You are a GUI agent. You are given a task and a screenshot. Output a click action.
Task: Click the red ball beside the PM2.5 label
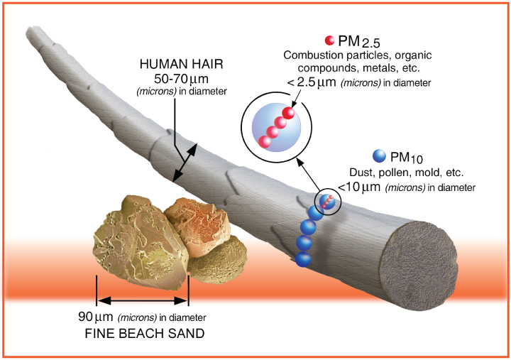coord(329,40)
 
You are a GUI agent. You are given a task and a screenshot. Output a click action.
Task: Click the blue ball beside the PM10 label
coord(380,156)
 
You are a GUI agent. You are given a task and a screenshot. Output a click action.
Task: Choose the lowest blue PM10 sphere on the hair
coord(303,258)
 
